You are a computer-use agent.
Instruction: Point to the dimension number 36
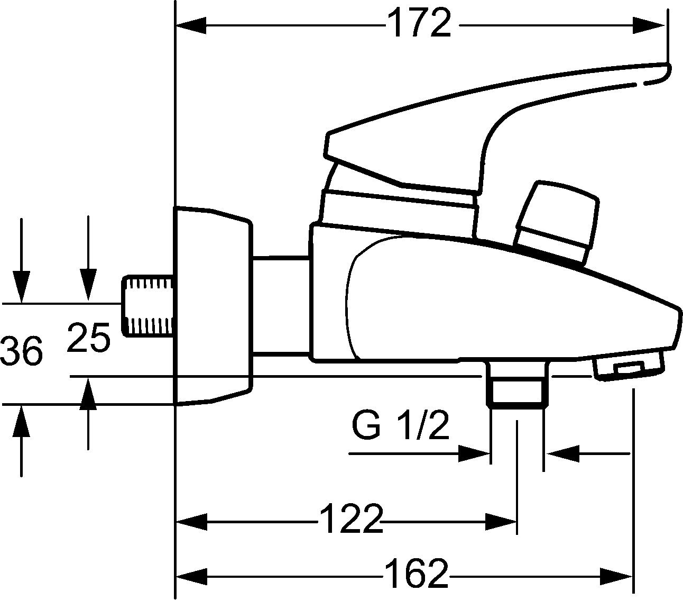coord(22,350)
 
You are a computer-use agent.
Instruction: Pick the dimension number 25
coord(89,338)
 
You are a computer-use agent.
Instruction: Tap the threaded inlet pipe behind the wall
coord(147,306)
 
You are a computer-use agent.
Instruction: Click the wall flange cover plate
coord(213,306)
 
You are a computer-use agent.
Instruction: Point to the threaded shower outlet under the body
coord(518,385)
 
